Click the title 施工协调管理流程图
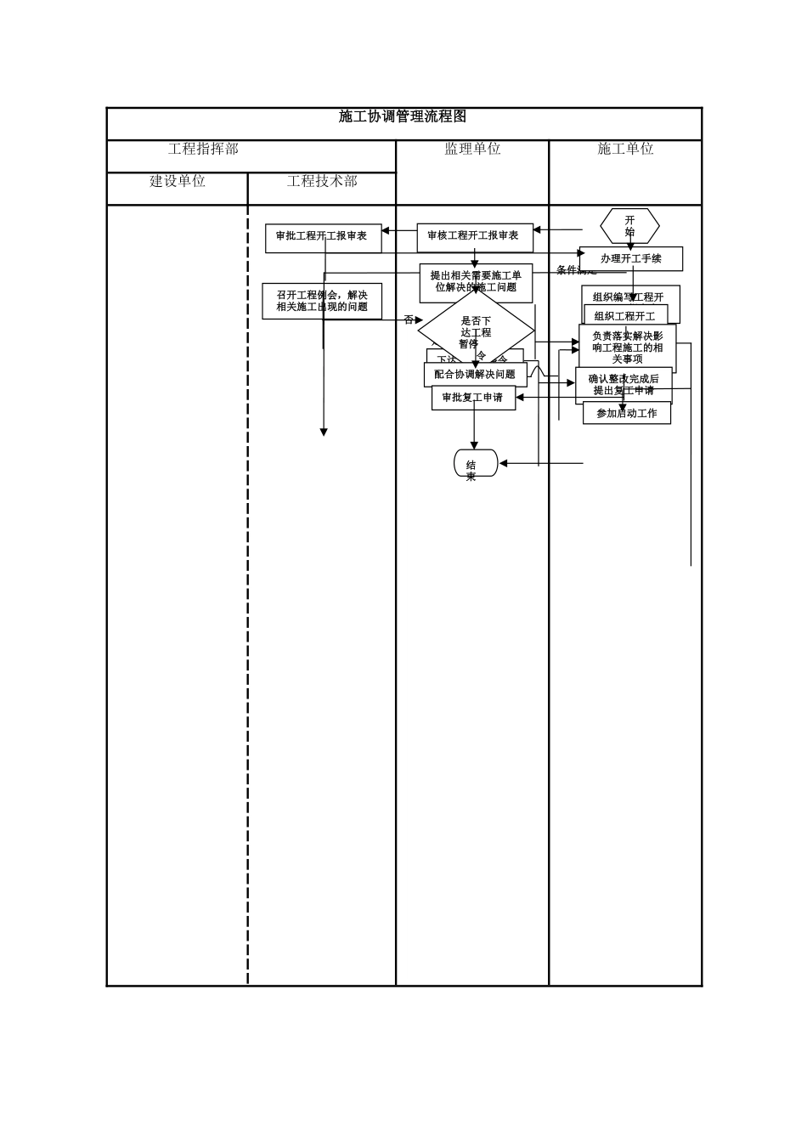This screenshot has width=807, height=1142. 403,117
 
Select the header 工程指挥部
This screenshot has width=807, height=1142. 204,150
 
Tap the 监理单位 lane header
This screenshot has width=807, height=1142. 472,150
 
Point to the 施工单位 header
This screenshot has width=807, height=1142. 625,150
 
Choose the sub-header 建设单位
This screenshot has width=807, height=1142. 178,182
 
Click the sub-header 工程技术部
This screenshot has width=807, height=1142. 322,182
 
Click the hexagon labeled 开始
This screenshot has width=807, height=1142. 629,226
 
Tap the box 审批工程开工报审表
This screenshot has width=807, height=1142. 322,237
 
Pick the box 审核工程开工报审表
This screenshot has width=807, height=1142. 474,236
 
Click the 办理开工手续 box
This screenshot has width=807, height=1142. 630,258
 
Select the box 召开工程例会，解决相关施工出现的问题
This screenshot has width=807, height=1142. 322,302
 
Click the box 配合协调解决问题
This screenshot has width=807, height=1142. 475,375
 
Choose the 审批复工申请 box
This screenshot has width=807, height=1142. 473,398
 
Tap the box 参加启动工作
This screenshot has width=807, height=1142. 626,414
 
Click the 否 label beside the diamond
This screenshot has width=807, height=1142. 409,320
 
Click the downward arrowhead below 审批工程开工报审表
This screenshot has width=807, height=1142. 324,432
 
